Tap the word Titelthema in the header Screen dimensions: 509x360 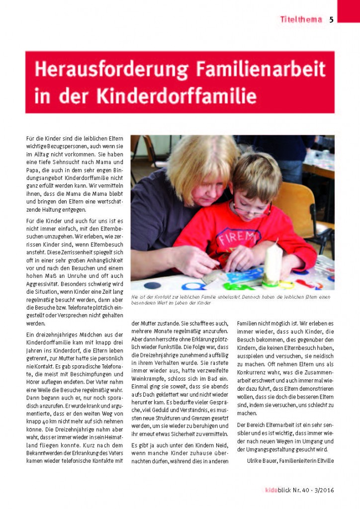click(301, 20)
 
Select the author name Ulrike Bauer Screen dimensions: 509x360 click(264, 460)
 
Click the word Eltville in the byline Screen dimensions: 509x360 click(323, 460)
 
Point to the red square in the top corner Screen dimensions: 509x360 click(348, 10)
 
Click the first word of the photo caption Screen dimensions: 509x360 click(135, 297)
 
